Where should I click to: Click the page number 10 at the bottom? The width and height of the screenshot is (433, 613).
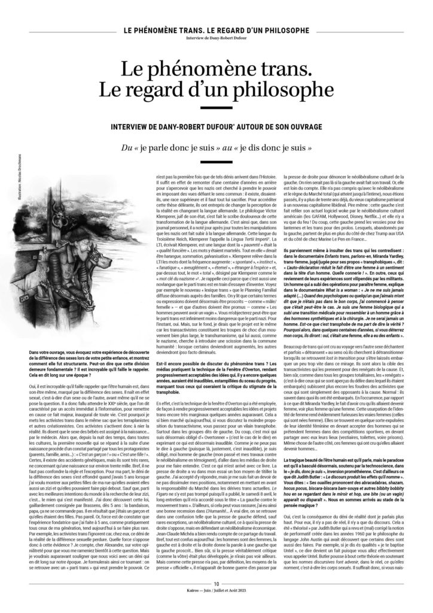click(216, 599)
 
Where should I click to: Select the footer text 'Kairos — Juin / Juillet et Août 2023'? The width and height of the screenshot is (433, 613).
click(216, 606)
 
